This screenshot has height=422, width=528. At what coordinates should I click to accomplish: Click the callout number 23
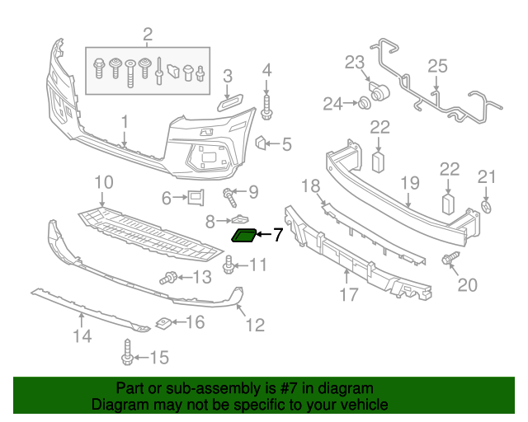354,63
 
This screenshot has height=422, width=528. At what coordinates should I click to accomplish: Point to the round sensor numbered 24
361,103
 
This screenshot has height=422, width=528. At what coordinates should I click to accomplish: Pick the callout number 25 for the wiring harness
436,65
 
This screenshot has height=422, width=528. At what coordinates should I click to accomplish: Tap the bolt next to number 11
229,265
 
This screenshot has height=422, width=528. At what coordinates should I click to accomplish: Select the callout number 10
103,182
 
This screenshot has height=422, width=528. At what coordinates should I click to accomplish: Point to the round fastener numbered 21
487,205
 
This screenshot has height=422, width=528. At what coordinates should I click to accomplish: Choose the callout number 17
349,293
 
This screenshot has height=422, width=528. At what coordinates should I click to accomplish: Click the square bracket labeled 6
195,198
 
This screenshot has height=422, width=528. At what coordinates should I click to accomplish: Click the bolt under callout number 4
267,103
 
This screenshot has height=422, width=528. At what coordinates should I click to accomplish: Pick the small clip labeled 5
261,144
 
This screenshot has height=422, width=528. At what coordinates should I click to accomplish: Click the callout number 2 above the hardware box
148,35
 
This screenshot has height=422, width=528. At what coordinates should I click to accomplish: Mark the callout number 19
410,183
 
